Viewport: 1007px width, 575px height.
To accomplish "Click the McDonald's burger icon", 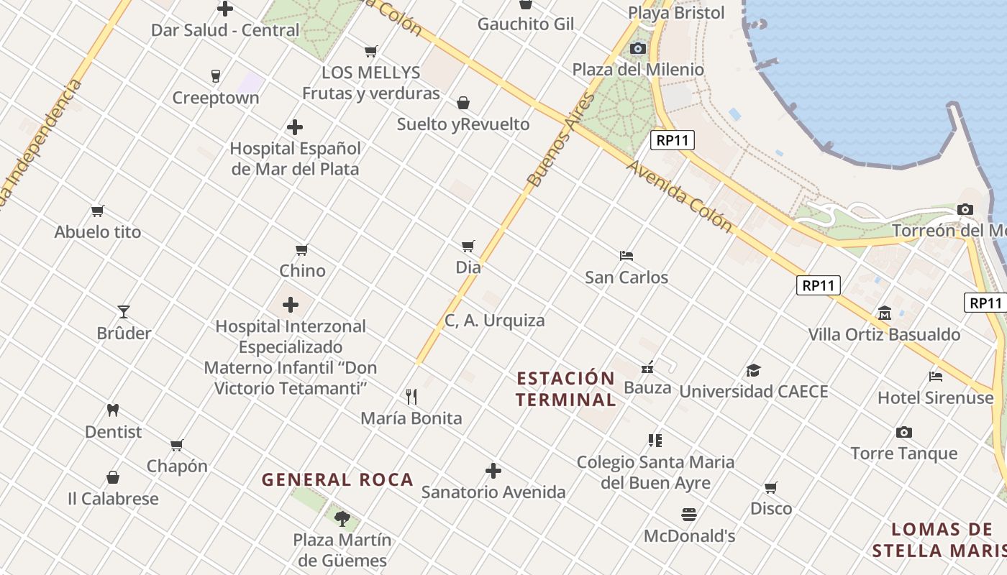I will tap(688, 515).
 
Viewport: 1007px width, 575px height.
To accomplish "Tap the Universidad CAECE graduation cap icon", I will tap(753, 370).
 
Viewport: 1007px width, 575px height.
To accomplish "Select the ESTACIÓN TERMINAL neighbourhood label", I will tap(566, 389).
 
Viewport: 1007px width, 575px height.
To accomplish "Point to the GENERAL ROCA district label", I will tap(337, 479).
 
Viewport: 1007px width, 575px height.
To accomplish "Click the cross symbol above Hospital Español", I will tap(294, 127).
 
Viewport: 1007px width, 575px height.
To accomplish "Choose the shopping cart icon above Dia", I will tap(468, 247).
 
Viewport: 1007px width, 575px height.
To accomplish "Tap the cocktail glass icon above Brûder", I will tap(124, 312).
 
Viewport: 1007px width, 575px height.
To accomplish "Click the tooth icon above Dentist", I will tap(112, 410).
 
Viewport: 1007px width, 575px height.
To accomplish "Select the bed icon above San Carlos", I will tap(626, 256).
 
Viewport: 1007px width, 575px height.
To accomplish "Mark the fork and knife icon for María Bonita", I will tap(411, 396).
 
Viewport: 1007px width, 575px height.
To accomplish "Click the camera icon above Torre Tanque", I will tap(904, 432).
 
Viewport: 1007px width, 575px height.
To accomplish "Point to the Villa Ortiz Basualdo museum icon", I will tap(884, 313).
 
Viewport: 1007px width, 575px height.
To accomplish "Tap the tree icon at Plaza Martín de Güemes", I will tap(342, 517).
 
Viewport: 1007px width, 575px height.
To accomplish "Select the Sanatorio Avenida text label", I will tap(493, 492).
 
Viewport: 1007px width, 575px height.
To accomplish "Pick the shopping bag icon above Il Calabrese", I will tap(113, 477).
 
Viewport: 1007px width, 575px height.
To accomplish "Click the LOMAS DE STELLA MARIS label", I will tap(942, 540).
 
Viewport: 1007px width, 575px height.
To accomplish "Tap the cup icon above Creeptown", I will tap(215, 76).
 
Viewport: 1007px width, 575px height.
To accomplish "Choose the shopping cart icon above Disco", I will tap(771, 488).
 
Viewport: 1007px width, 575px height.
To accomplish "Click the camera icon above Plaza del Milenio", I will tap(637, 48).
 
